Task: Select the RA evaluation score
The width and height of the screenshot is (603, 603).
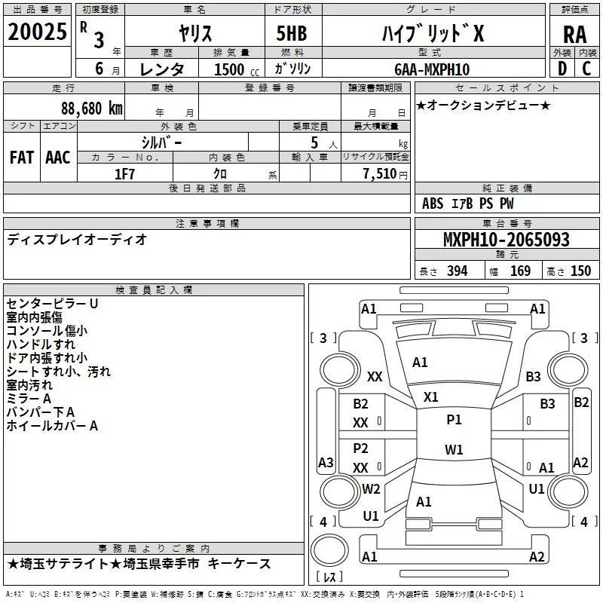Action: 574,34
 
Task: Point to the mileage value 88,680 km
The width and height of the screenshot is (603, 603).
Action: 87,108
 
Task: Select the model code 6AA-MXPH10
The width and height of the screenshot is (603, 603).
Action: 432,69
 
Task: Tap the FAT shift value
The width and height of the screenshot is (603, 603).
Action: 22,158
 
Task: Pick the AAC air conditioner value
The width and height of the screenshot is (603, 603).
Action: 58,158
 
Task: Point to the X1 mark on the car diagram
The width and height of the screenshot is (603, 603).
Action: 431,396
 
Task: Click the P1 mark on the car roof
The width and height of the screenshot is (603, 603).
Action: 454,420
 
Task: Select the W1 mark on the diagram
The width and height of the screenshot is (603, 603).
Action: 454,450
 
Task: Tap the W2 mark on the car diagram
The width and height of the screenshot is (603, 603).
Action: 371,488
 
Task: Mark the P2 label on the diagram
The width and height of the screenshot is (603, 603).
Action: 361,448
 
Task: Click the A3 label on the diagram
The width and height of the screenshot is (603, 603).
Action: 326,462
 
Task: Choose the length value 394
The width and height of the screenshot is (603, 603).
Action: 456,271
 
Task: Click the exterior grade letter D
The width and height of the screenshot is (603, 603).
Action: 562,69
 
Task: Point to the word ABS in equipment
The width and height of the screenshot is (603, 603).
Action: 433,204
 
